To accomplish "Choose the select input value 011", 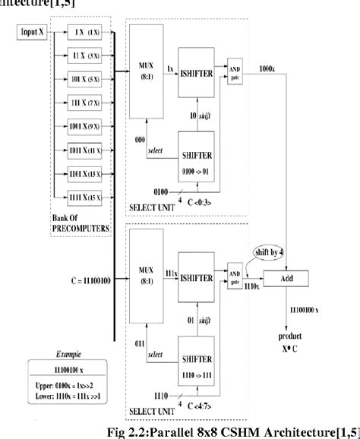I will tap(139, 344).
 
